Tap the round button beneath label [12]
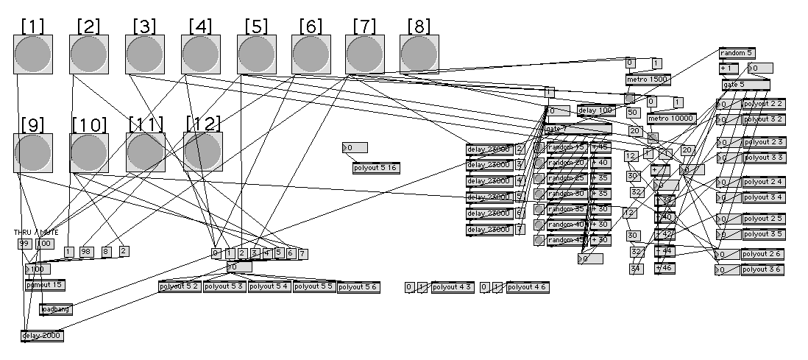click(203, 152)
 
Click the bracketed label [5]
click(256, 26)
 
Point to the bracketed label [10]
click(89, 124)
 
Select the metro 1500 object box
click(648, 80)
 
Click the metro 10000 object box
click(671, 119)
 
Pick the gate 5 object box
click(745, 85)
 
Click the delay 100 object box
click(595, 111)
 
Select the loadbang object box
click(56, 310)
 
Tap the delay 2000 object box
click(42, 336)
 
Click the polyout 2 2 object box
click(763, 104)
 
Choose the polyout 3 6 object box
click(762, 269)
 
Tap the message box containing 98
click(87, 252)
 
